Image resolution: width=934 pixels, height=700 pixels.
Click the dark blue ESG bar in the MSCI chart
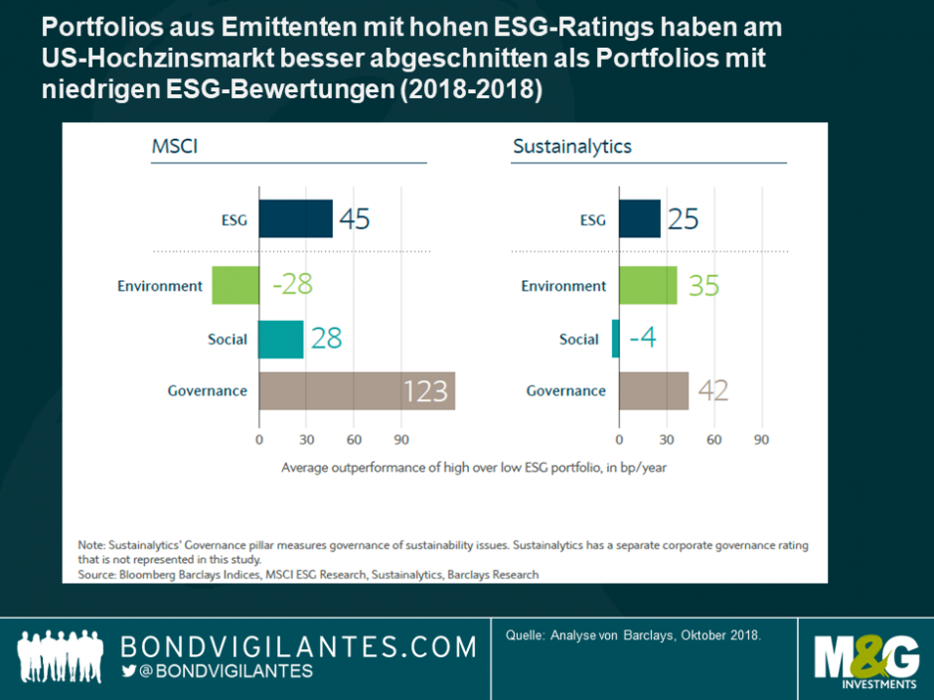[295, 218]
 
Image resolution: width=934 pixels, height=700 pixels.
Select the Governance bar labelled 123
[356, 391]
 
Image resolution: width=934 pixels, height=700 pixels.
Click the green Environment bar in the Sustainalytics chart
[647, 286]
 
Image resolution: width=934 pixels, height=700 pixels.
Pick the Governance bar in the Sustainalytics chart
[653, 391]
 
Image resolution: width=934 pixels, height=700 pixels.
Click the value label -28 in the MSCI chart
[292, 286]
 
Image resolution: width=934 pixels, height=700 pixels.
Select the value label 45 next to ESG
[354, 218]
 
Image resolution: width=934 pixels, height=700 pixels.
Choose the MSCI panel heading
[174, 147]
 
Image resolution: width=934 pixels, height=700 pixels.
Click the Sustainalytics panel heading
[571, 147]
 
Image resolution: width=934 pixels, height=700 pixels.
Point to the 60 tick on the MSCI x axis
[354, 439]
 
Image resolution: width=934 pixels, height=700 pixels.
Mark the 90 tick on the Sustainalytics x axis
[761, 439]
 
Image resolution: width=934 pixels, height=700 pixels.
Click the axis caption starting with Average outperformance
[474, 467]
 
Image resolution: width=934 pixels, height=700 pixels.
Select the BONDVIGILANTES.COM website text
[298, 646]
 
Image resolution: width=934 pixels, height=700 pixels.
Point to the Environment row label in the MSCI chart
[160, 286]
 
